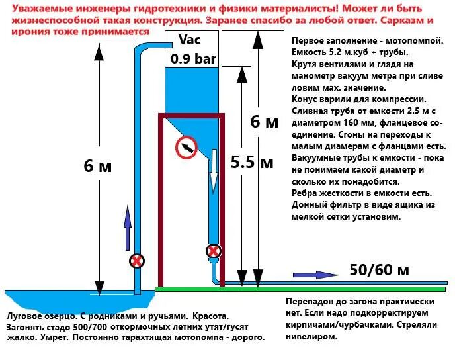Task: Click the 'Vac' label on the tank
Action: coord(188,40)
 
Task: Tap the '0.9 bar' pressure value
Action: coord(193,58)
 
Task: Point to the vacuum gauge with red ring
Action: coord(187,148)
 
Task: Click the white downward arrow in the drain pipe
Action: coord(214,169)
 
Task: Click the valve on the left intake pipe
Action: coord(137,261)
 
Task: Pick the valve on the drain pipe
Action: coord(213,251)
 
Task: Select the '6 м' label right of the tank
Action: coord(265,122)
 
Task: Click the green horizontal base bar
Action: coord(298,289)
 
